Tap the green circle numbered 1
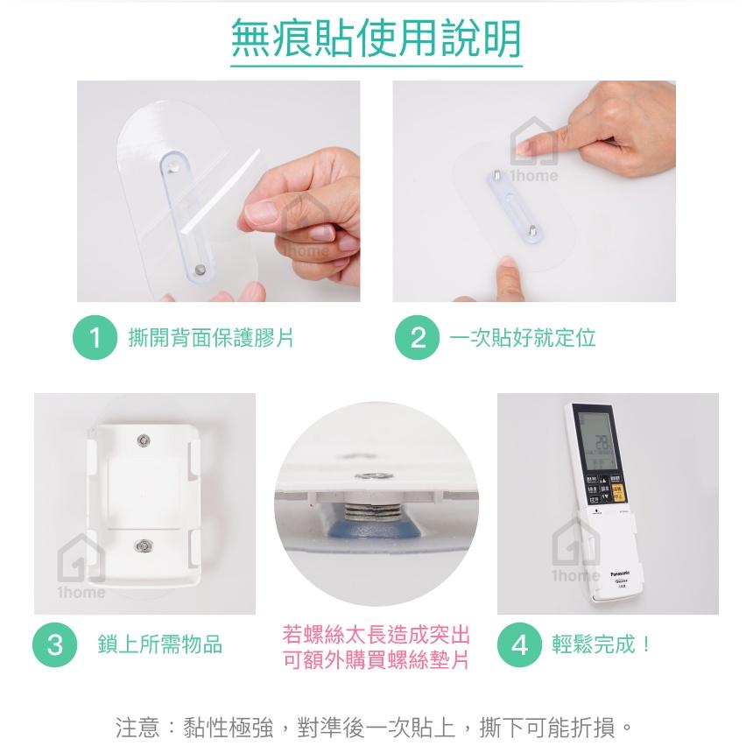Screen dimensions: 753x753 tap(95, 338)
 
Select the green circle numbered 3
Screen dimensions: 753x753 tap(55, 645)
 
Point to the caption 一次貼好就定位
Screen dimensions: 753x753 tap(522, 338)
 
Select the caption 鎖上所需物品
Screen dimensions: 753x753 tap(160, 645)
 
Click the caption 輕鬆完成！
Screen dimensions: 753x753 tap(602, 645)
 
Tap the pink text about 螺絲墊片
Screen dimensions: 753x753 tap(376, 647)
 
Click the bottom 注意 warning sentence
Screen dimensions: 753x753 tap(376, 727)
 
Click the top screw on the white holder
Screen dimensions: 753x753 tap(143, 437)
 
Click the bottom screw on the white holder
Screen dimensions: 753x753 tap(143, 547)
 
